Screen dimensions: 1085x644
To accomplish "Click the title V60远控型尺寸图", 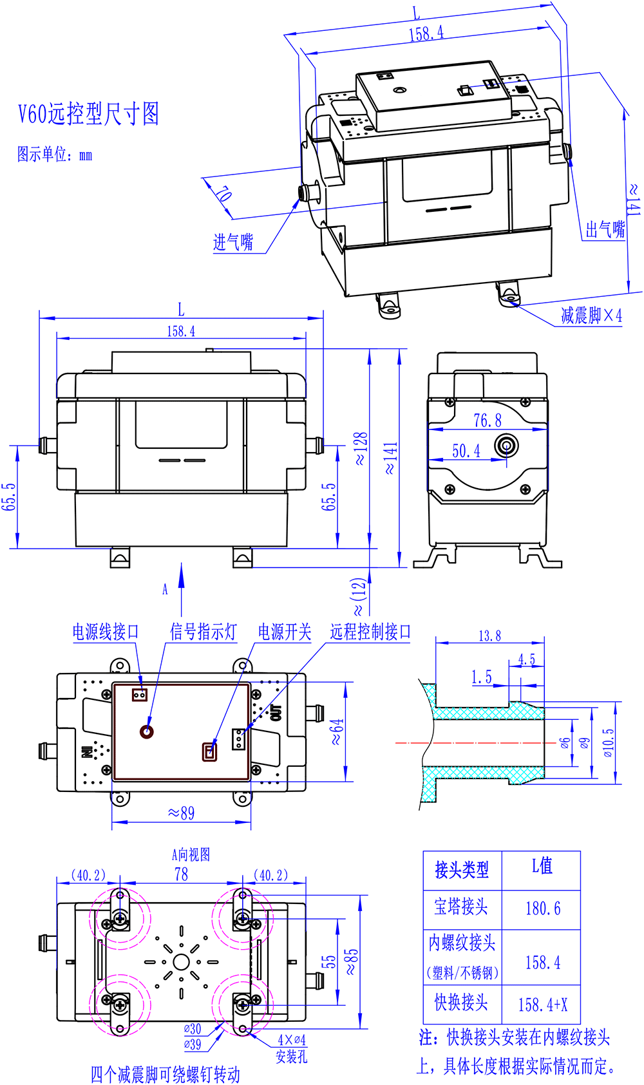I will [x=88, y=114].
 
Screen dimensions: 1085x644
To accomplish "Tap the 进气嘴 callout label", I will [x=233, y=242].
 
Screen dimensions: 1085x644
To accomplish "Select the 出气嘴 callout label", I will [x=605, y=229].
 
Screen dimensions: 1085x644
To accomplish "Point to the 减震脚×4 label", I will [x=591, y=315].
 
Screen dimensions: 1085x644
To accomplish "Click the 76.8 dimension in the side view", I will [x=488, y=420].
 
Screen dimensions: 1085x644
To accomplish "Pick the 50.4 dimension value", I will [x=466, y=451].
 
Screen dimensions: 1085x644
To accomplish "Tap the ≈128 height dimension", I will [x=361, y=448].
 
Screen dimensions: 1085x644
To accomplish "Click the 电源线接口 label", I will [x=106, y=632].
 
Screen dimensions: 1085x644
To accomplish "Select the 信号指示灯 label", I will [x=204, y=632].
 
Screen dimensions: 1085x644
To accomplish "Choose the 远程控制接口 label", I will [x=370, y=632].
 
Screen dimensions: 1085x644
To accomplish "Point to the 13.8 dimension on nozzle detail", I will [x=489, y=636].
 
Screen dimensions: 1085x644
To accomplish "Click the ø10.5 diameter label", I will [x=609, y=742].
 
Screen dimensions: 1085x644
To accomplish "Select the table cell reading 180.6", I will [x=543, y=909].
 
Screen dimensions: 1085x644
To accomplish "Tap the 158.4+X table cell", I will [x=543, y=1005].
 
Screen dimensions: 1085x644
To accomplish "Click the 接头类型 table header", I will [x=462, y=870].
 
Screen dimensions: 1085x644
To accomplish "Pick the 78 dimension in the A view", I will [x=182, y=874].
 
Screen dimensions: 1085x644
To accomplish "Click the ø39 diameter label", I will [x=193, y=1044].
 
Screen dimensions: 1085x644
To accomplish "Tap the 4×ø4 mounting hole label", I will [x=292, y=1040].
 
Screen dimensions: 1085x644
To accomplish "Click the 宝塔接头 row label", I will [x=461, y=907].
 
